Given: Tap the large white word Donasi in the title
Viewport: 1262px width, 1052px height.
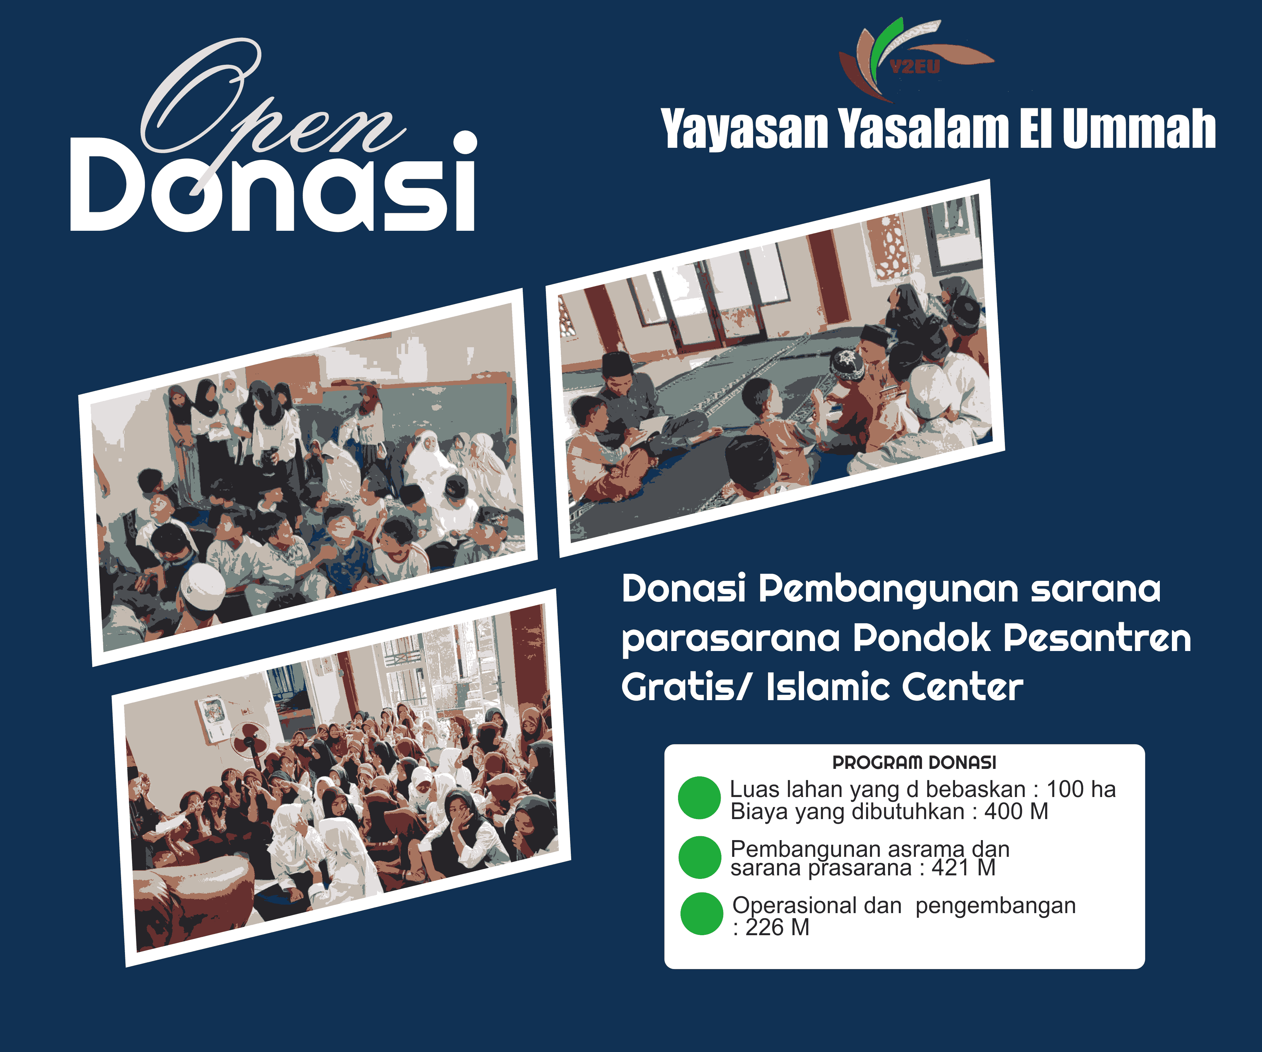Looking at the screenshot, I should (x=273, y=186).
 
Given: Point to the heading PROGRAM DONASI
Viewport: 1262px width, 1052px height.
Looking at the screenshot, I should (x=913, y=762).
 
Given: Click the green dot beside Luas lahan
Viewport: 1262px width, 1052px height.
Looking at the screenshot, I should (x=699, y=798).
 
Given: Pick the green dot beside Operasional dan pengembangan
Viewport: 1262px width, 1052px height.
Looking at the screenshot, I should (x=701, y=914).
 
